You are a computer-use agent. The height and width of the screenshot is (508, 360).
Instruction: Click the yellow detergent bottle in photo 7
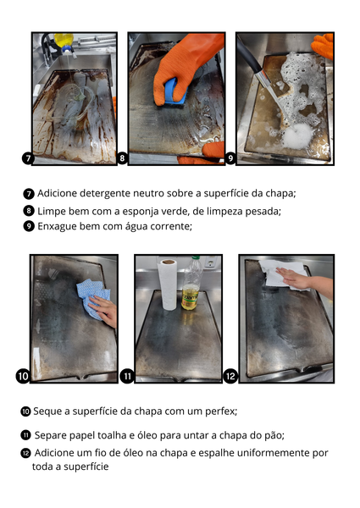pos(65,42)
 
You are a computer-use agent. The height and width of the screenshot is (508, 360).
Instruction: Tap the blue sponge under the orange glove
pos(175,92)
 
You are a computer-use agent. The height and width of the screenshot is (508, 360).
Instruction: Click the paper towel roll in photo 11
pos(168,284)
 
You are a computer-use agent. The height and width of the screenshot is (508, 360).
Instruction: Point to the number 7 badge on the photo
pos(28,158)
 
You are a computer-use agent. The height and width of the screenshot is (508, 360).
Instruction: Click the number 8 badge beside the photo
pos(122,157)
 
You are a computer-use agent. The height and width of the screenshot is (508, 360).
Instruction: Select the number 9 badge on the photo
pos(230,158)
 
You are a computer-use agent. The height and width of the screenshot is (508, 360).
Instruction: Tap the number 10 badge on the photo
pos(23,376)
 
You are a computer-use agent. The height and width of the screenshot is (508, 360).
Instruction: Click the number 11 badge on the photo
pos(127,376)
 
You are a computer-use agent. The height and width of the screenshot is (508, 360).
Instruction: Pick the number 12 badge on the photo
pos(230,376)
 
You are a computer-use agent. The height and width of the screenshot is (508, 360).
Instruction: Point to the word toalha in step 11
pos(111,435)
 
